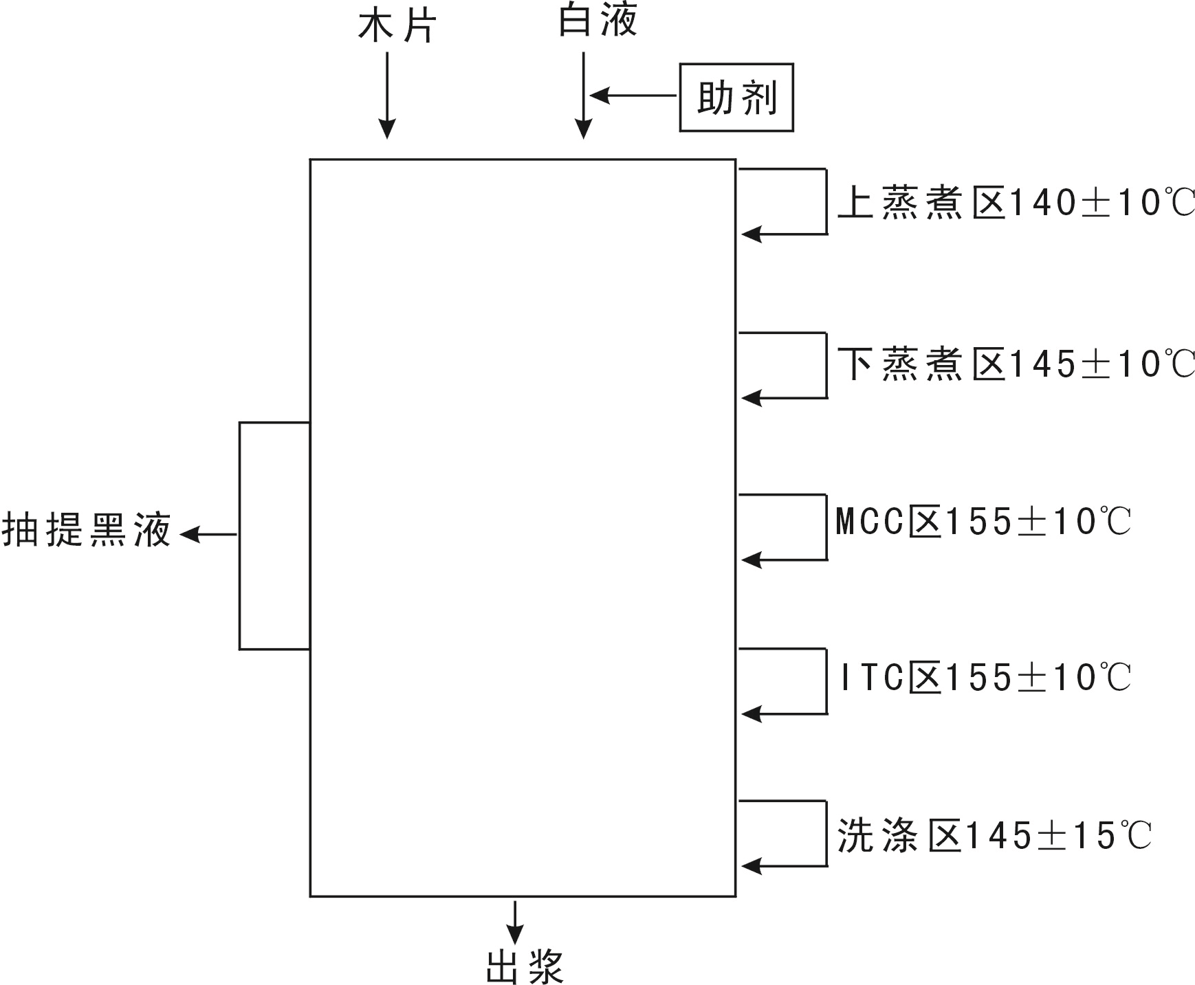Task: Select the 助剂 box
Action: coord(736,98)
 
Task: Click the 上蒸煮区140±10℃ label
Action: coord(1016,203)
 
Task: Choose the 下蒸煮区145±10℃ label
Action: coord(1016,364)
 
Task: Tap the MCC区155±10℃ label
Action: coord(983,522)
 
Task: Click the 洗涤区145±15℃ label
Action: coord(994,837)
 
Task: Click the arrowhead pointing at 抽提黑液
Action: coord(190,534)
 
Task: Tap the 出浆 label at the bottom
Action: coord(525,966)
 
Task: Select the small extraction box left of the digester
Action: coord(274,535)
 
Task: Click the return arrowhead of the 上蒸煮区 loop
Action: coord(751,234)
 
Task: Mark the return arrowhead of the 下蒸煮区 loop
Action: coord(751,398)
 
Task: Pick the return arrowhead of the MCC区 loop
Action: coord(751,560)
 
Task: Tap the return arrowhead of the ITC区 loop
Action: coord(751,714)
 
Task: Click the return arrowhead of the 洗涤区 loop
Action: coord(751,866)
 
